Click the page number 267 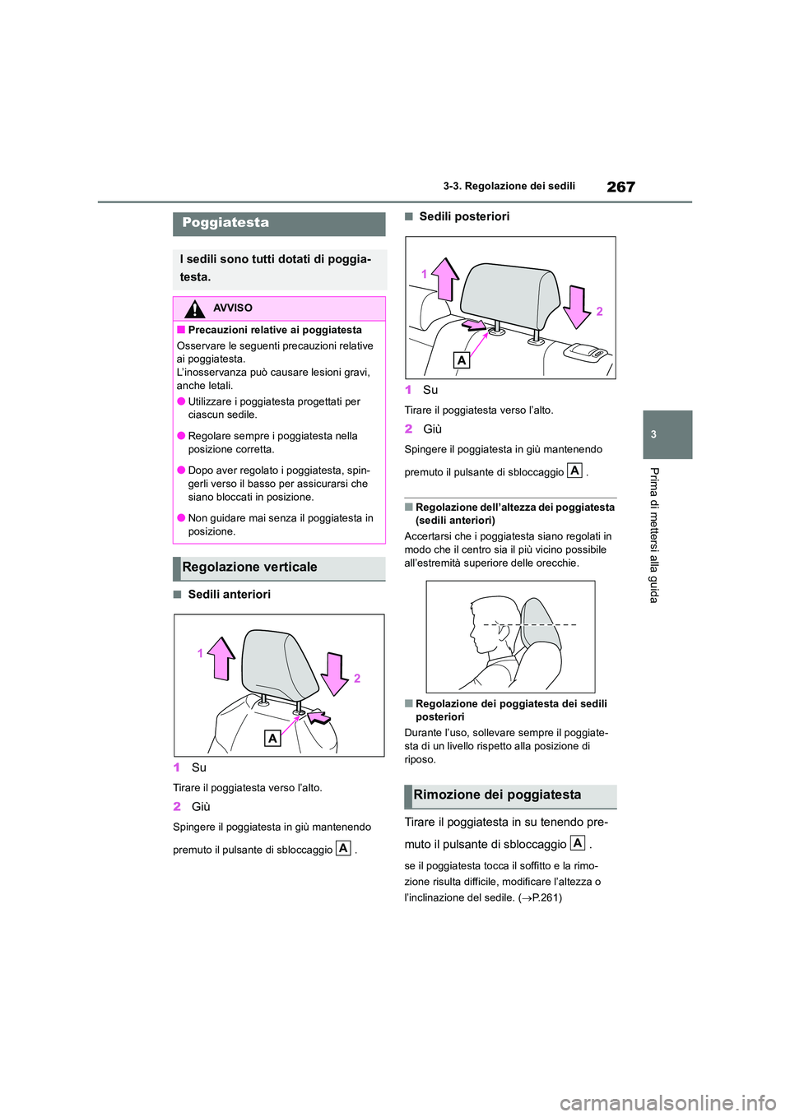tap(620, 187)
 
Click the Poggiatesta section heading tap(225, 223)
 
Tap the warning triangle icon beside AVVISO tap(194, 309)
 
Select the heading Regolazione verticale tap(249, 568)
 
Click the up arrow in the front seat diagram tap(221, 658)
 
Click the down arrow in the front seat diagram tap(335, 674)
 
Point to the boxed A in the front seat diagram tap(272, 739)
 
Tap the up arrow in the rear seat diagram tap(445, 279)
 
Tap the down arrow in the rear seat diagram tap(577, 307)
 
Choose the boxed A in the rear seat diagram tap(462, 360)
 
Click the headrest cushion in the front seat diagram tap(278, 664)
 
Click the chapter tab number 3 tap(653, 434)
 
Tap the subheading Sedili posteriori tap(464, 217)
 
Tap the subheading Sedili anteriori tap(229, 595)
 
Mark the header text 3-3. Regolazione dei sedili tap(509, 187)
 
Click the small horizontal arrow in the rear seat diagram tap(473, 325)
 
